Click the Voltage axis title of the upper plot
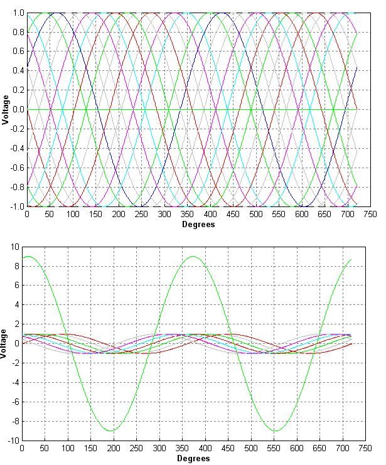click(x=5, y=110)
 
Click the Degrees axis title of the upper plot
click(x=198, y=224)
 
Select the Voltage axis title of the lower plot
click(x=5, y=343)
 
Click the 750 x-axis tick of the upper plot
click(x=370, y=215)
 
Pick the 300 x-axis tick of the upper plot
click(x=164, y=215)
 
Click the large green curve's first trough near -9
click(x=121, y=430)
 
